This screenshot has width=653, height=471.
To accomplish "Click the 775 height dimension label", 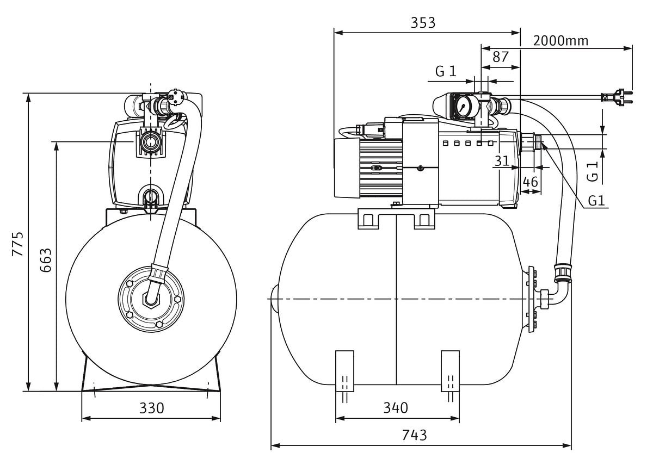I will click(18, 244).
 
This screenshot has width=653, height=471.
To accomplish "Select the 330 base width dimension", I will click(152, 408).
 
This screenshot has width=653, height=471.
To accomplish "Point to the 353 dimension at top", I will click(423, 22).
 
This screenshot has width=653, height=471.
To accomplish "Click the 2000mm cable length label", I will click(560, 41).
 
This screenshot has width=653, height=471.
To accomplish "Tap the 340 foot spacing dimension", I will click(396, 408).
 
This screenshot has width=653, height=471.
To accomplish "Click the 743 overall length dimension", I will click(415, 435).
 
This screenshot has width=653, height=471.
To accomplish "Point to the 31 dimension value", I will click(502, 161).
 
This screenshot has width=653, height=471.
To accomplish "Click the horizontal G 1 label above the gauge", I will click(446, 71).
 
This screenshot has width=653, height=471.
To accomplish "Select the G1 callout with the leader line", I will click(596, 201).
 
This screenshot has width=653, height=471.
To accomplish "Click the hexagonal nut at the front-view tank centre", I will click(150, 299).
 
